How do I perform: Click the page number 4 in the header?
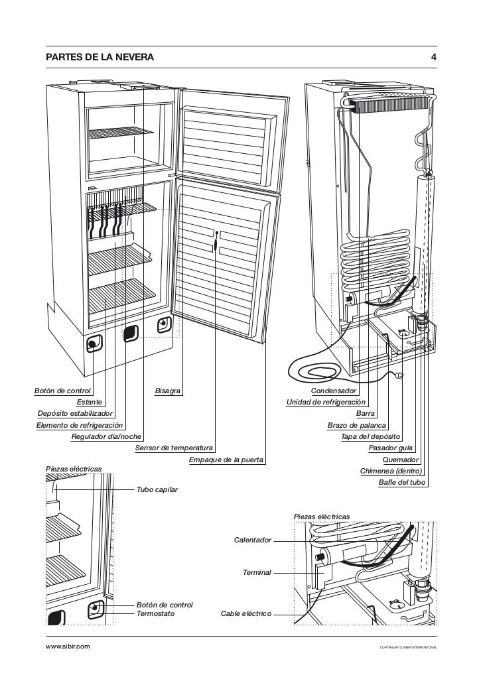433,58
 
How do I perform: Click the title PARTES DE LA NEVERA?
100,58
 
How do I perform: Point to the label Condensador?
334,391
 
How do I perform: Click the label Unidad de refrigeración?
326,403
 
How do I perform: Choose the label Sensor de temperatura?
174,448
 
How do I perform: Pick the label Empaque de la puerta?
226,460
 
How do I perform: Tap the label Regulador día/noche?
106,436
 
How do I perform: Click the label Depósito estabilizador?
75,414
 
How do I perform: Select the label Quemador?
401,460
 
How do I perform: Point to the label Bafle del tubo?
401,482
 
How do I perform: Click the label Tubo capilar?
157,489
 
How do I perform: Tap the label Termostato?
155,614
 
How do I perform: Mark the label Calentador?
252,540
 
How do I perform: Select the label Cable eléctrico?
245,614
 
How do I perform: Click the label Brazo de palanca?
357,425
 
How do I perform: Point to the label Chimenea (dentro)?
391,471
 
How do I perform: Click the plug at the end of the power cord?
399,377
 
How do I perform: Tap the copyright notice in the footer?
408,647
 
